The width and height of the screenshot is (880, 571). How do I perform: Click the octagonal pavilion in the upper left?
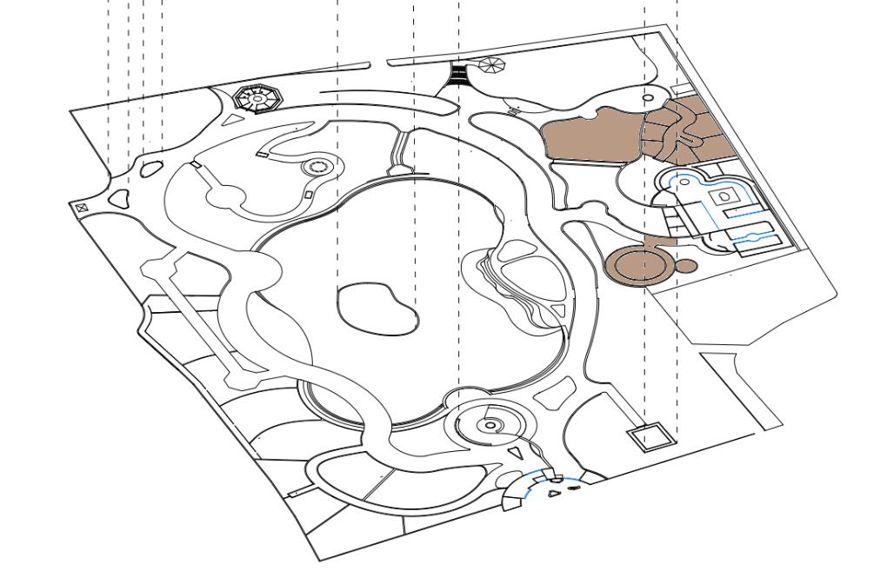(258, 99)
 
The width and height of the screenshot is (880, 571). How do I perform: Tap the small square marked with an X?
(81, 208)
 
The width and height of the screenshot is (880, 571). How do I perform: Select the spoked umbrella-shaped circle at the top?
(490, 65)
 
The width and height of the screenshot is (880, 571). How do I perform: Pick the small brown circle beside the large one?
(685, 265)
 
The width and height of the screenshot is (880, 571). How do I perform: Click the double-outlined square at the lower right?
(650, 437)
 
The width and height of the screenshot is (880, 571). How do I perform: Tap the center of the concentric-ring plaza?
(490, 425)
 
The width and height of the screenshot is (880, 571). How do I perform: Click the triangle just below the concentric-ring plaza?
(516, 453)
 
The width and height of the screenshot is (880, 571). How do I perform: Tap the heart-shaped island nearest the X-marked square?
(119, 197)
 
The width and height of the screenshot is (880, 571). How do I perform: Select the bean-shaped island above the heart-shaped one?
(150, 168)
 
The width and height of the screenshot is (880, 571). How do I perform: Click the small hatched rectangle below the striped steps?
(513, 111)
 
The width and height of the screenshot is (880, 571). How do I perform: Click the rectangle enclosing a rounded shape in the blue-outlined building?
(723, 198)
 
